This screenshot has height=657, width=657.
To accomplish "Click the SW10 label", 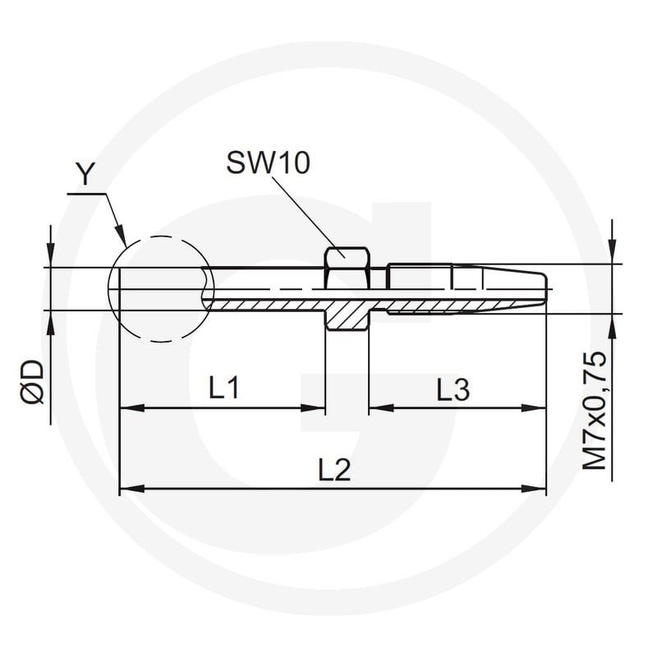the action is [269, 163].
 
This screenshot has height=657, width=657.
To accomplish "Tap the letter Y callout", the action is [85, 174].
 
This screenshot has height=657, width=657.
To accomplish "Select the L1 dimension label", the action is [224, 387].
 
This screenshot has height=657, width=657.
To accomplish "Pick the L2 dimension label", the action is [334, 470].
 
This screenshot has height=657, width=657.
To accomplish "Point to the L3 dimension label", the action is [453, 388].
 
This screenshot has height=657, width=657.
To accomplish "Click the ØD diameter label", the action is [32, 382].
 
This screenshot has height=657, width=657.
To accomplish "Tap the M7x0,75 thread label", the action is [595, 411].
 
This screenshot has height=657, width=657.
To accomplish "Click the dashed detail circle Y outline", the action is [108, 289].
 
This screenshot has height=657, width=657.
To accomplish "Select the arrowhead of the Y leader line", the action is [121, 236].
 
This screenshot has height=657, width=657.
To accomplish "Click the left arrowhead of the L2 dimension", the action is [132, 488].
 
